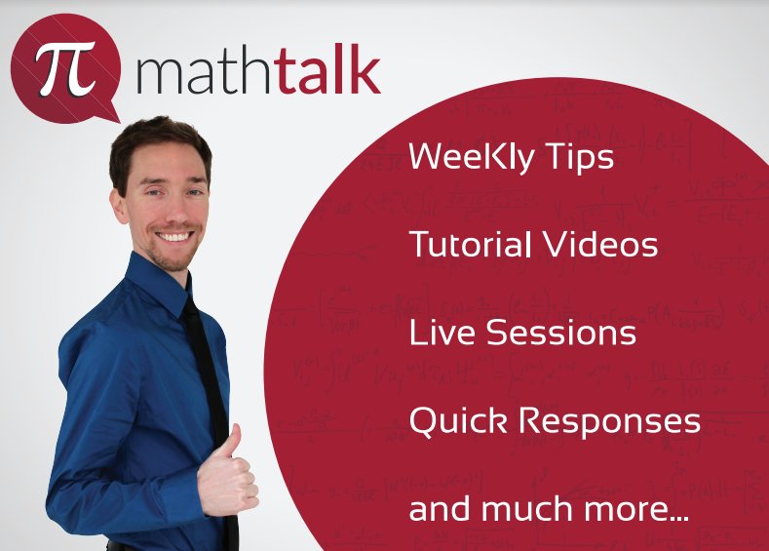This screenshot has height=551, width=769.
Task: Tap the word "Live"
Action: [x=442, y=333]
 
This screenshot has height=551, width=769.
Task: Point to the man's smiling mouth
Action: [x=176, y=236]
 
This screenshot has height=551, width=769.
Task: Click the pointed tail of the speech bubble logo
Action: [x=108, y=114]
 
